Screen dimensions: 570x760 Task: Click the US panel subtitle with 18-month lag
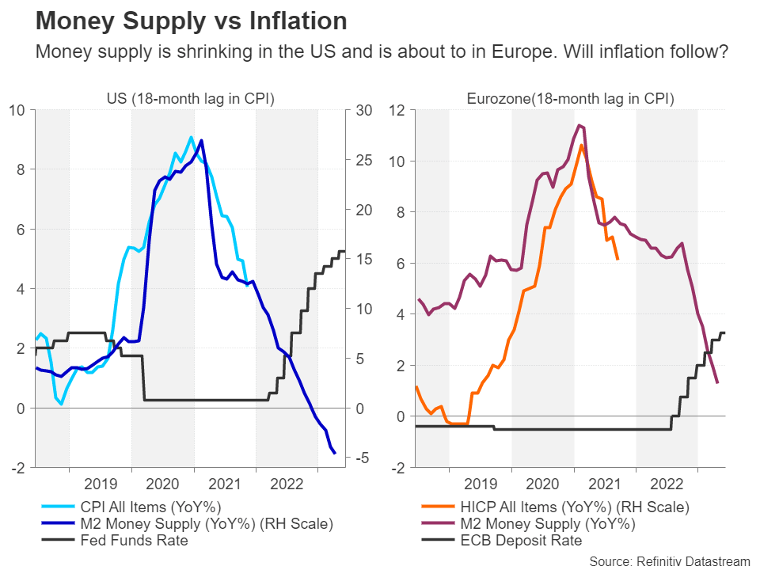click(191, 99)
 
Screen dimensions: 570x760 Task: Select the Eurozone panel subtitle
click(570, 99)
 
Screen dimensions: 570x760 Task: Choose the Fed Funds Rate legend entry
click(135, 541)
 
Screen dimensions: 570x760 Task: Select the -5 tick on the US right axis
click(363, 458)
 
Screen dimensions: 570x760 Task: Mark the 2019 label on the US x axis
click(100, 484)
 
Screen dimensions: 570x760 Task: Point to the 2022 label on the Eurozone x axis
click(667, 484)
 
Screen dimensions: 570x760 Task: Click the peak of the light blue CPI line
click(191, 137)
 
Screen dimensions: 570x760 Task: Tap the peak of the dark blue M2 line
click(202, 140)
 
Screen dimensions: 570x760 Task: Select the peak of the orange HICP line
click(581, 145)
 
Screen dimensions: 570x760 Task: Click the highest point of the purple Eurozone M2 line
click(579, 124)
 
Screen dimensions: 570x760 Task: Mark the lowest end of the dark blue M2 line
click(335, 453)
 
